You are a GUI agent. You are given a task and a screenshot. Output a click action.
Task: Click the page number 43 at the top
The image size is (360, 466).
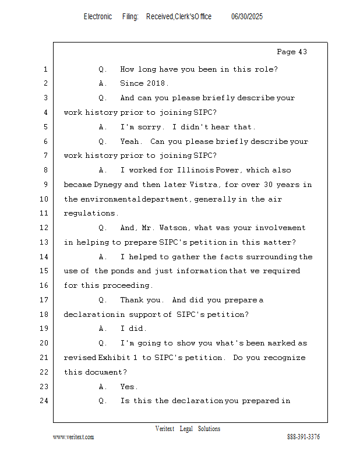pos(302,52)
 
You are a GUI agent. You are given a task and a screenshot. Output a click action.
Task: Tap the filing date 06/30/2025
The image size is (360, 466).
pos(247,16)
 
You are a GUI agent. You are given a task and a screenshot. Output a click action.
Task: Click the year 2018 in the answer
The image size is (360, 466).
pos(156,83)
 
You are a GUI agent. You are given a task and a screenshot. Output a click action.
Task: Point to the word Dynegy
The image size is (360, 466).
pos(108,185)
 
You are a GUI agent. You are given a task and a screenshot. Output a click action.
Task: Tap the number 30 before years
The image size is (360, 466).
pos(268,185)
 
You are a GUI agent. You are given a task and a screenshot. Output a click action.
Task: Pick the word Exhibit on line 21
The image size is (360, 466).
pos(114,358)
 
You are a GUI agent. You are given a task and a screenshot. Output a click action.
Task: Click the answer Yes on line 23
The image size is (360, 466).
pos(128,387)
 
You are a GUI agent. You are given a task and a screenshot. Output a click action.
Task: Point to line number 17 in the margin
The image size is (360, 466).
pos(44,300)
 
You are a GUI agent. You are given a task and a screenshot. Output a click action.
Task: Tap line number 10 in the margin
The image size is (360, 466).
pos(44,199)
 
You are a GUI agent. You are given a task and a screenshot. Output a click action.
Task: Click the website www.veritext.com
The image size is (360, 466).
pos(73,437)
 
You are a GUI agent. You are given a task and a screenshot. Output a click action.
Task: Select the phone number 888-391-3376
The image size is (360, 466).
pos(303,436)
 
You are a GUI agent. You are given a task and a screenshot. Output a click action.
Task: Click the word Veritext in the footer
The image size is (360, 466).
pos(165,429)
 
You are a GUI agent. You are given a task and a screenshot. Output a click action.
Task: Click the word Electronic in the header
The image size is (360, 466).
pos(98,16)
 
